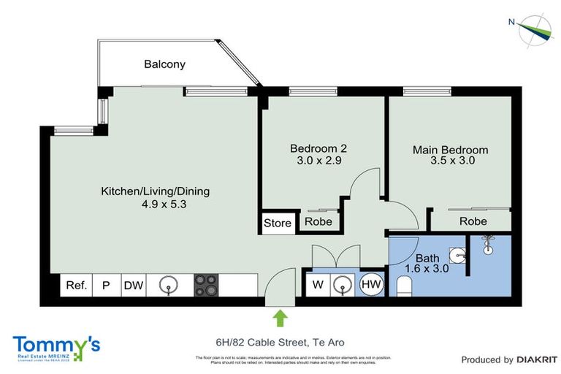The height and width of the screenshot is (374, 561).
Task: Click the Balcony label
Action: coord(164,64)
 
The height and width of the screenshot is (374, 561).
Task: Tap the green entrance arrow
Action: coord(280,317)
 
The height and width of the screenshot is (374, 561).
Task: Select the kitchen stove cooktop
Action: coord(205,285)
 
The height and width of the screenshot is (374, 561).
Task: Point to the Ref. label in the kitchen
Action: coord(76,285)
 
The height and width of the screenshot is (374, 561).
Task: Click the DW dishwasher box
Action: coord(134,285)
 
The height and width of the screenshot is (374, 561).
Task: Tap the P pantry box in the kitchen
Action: coord(105,285)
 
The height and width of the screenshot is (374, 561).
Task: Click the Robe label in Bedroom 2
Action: coord(318,222)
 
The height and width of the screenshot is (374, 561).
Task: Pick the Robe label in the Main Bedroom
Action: coord(473,221)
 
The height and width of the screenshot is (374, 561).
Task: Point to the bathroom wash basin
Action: coord(458,255)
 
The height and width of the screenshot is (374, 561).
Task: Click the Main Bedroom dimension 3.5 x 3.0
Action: coord(450,161)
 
